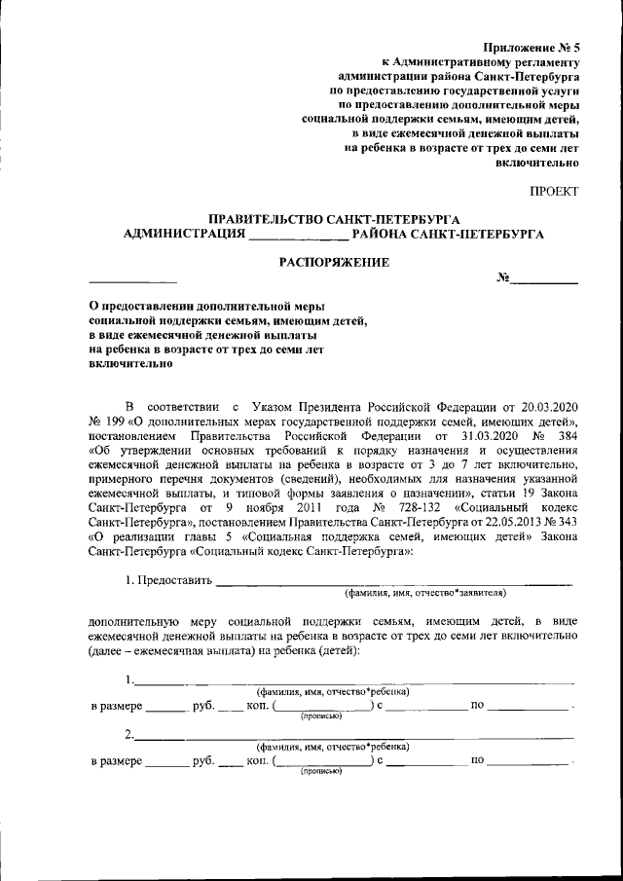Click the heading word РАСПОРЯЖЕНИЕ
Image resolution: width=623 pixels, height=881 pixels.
pyautogui.click(x=335, y=262)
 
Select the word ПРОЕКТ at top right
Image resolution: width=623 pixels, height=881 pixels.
pyautogui.click(x=554, y=191)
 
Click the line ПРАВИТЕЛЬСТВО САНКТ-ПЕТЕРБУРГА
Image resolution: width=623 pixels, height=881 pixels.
pyautogui.click(x=335, y=219)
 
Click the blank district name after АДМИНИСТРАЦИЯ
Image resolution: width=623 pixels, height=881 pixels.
pyautogui.click(x=299, y=235)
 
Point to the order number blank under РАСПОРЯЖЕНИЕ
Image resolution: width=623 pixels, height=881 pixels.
pyautogui.click(x=545, y=279)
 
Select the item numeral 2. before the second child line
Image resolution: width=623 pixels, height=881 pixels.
pyautogui.click(x=129, y=733)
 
